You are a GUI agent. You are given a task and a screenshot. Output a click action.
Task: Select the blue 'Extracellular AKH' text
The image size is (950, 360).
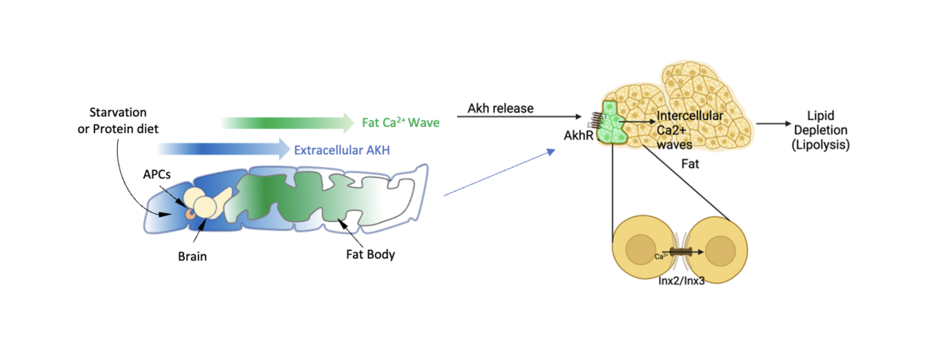(341, 149)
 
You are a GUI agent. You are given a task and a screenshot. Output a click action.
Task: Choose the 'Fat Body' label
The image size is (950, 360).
(370, 254)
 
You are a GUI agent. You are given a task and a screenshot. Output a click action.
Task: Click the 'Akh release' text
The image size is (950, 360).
(500, 108)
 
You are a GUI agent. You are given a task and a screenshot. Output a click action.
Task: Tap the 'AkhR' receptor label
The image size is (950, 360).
(577, 137)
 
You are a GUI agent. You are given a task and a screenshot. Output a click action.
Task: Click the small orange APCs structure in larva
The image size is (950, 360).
(191, 213)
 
